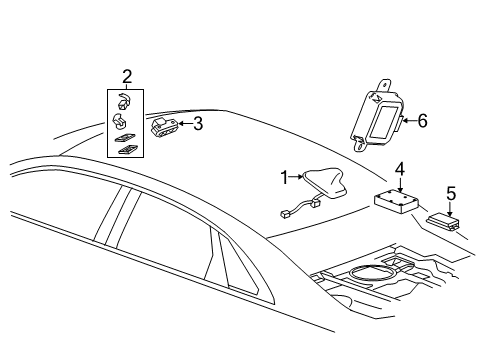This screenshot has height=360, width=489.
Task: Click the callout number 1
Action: click(x=283, y=178)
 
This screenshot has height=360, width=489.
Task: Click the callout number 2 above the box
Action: click(x=127, y=76)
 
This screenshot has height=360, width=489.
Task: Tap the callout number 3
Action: click(x=198, y=124)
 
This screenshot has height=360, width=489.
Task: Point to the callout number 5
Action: click(x=451, y=194)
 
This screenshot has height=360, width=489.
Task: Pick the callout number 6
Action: click(x=422, y=121)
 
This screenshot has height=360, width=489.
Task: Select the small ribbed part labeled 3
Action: click(x=164, y=125)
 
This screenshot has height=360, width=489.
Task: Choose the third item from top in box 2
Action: click(x=128, y=138)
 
